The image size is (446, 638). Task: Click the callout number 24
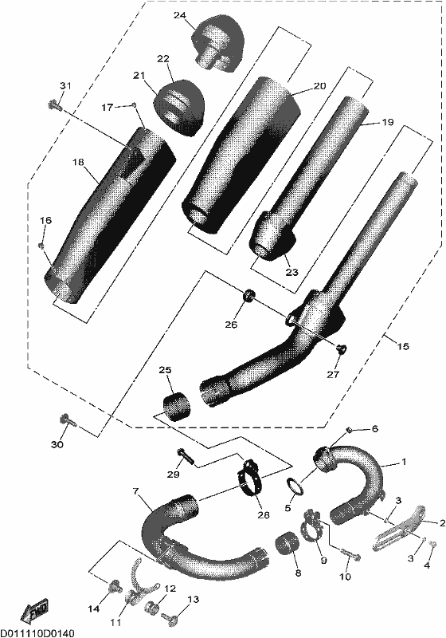[180, 16]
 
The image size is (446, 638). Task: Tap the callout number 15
[403, 346]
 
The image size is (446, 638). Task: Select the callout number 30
[57, 444]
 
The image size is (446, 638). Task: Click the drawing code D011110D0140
[37, 632]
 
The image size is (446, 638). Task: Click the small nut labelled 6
[349, 430]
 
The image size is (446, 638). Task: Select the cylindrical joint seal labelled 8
[288, 545]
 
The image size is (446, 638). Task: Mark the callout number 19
[388, 122]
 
